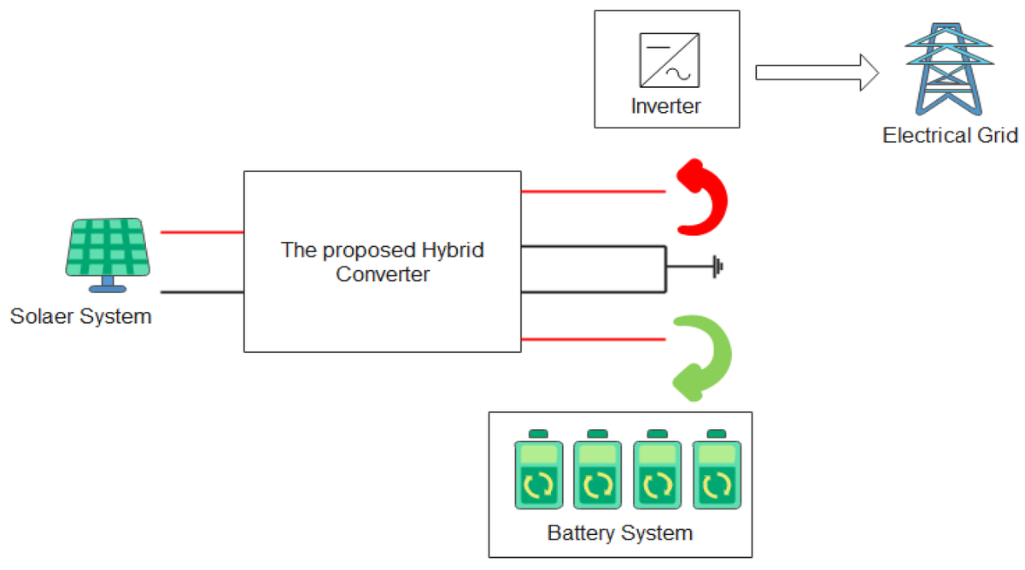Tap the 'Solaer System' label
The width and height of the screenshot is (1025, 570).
80,317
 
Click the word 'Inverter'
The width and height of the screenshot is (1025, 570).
666,107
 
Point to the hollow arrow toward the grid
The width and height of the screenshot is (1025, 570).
816,72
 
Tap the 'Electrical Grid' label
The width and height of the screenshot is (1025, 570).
950,135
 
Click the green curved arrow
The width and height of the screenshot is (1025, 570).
702,357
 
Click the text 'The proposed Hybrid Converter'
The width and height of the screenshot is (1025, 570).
383,262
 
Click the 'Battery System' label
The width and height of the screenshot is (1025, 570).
620,534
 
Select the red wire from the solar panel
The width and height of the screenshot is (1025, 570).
202,232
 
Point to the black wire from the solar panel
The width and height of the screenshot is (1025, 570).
202,292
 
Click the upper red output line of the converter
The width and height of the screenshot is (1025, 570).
593,191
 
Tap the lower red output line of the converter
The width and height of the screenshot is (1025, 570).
593,339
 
